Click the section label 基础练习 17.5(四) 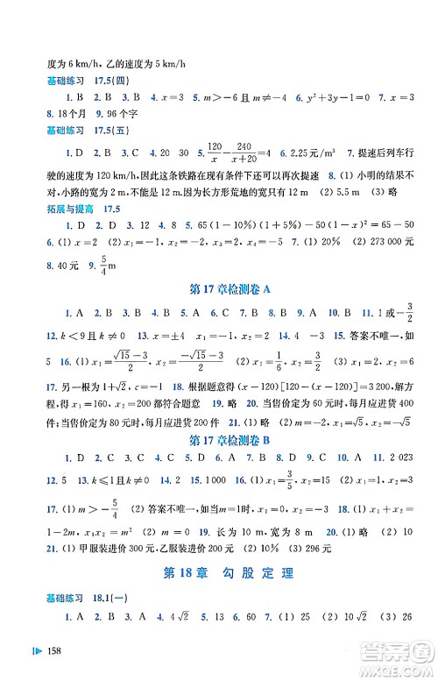pos(85,82)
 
